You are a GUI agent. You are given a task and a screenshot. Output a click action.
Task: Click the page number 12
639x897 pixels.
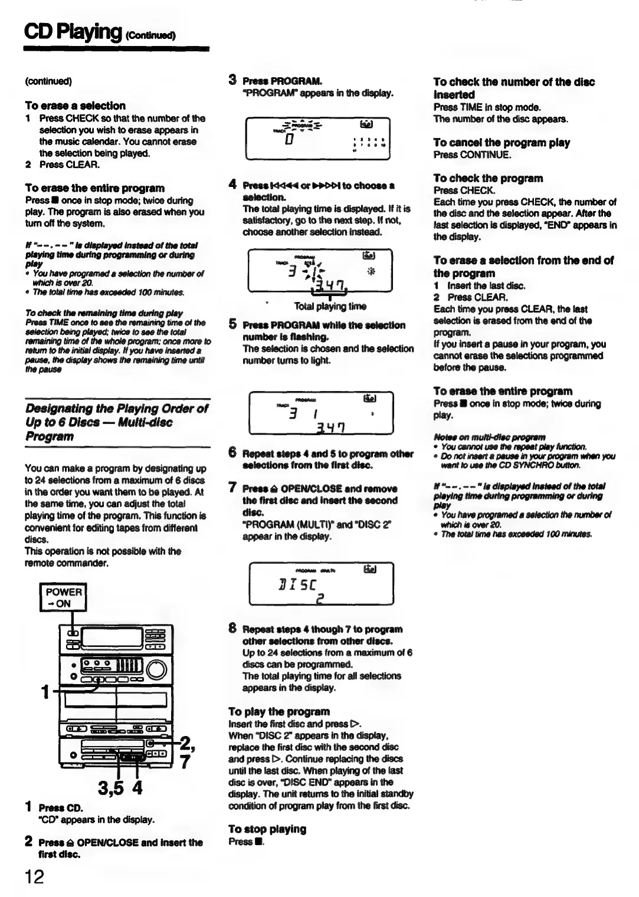pos(34,876)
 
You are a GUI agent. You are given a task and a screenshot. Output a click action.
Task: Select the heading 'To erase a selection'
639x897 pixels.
pos(75,106)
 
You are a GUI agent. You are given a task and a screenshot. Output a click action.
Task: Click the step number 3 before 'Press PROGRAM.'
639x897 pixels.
pos(232,80)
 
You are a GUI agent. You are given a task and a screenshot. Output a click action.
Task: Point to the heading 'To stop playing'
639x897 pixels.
pos(267,829)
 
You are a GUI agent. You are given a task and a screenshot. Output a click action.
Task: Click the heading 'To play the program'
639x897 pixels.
pos(279,711)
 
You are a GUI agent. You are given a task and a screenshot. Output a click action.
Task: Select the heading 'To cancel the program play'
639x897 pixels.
pos(502,143)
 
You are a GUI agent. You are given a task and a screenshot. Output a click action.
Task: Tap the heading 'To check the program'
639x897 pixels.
pos(488,178)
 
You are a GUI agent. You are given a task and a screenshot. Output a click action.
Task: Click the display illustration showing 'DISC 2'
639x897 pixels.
pos(321,584)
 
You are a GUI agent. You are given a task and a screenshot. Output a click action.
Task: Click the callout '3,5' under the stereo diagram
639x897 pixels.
pos(112,788)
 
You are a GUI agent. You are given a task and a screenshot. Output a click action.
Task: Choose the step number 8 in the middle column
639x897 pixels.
pos(232,629)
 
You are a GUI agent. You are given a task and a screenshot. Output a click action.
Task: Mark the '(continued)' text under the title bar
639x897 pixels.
pos(48,81)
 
